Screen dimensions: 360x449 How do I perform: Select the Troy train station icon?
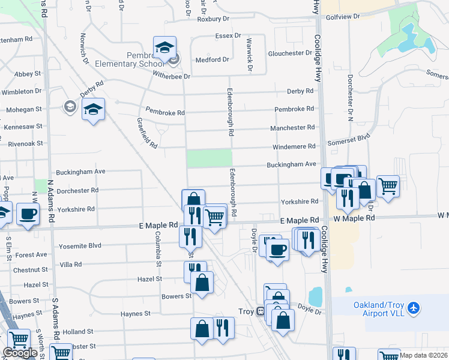(261, 311)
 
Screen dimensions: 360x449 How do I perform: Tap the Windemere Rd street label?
(295, 146)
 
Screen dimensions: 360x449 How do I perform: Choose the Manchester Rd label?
(294, 128)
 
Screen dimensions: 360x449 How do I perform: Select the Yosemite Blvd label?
(80, 245)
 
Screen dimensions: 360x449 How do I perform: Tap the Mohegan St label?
(24, 110)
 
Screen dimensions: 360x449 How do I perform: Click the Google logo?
(20, 353)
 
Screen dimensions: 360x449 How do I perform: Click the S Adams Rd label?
(55, 318)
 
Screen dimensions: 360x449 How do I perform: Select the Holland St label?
(79, 331)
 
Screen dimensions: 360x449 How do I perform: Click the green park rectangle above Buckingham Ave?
(209, 158)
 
